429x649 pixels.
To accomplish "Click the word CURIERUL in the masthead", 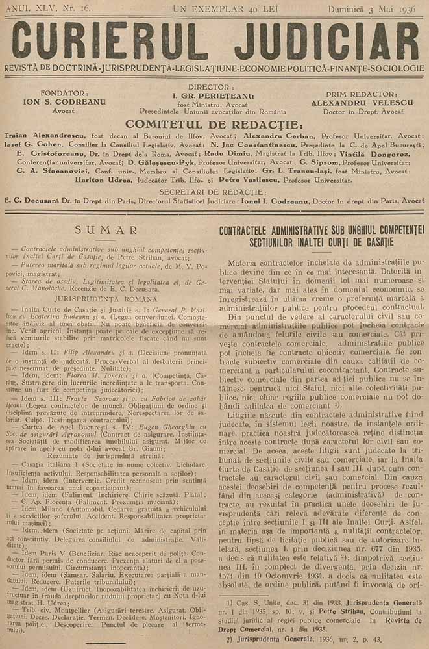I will (114, 42).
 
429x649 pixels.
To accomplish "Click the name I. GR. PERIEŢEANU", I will (213, 95).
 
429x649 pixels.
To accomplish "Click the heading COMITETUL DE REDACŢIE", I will (214, 124).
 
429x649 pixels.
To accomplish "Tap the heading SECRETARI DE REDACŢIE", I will (214, 192).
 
